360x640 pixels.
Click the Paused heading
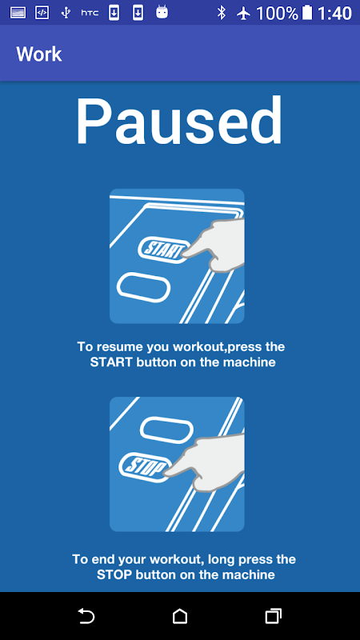click(x=178, y=122)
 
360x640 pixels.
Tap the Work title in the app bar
click(x=39, y=54)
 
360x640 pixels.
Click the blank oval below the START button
click(x=143, y=288)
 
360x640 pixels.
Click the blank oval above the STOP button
click(x=166, y=431)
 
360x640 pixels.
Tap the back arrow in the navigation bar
click(x=86, y=616)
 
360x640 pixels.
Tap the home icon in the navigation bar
click(x=179, y=616)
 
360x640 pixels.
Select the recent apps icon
click(x=273, y=616)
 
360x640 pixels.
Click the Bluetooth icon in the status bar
click(x=222, y=13)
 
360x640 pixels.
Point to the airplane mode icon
click(x=243, y=14)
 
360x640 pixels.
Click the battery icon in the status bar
click(x=307, y=13)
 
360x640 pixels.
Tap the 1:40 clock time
click(x=334, y=14)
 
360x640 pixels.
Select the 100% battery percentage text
click(x=277, y=14)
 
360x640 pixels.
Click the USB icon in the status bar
click(x=66, y=13)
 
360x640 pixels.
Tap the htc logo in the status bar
click(x=90, y=13)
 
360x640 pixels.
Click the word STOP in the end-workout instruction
click(x=114, y=574)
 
